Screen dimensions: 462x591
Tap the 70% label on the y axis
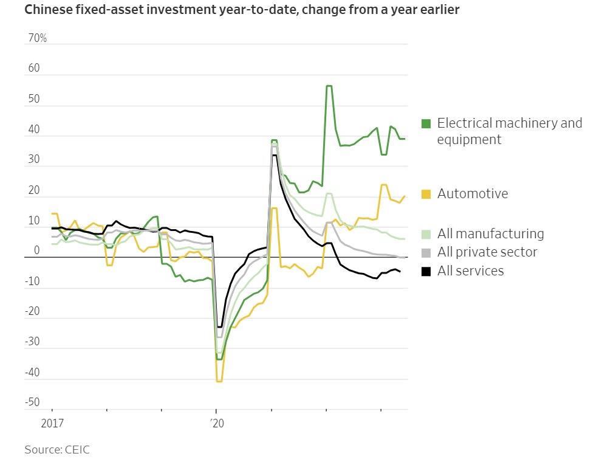[x=37, y=38]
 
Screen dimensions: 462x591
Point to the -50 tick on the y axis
[x=33, y=402]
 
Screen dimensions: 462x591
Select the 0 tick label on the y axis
[x=36, y=250]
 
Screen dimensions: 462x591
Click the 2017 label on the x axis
[x=52, y=422]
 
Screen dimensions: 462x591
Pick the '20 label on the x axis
[x=216, y=422]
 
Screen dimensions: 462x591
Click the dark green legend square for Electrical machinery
[x=426, y=124]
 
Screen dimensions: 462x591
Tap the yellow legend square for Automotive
[x=426, y=194]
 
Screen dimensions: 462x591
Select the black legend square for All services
[x=426, y=271]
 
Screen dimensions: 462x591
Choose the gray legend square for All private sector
[x=426, y=252]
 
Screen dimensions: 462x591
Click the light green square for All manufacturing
[x=426, y=234]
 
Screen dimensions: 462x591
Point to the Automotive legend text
[x=473, y=194]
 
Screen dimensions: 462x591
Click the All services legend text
[x=471, y=271]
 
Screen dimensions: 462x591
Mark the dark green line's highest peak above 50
[x=329, y=86]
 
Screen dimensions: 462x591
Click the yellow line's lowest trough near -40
[x=219, y=381]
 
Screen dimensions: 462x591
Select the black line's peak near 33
[x=274, y=156]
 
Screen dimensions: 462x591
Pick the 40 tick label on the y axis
[x=34, y=129]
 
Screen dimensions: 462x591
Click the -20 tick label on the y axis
[x=33, y=311]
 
